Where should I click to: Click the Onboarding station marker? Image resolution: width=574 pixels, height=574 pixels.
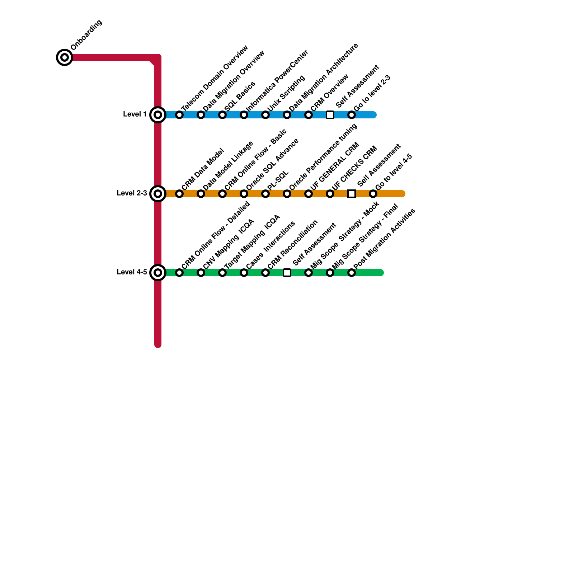(x=65, y=57)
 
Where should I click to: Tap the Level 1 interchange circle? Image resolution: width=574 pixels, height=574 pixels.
(x=158, y=115)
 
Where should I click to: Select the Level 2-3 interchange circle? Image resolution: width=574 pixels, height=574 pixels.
(x=158, y=194)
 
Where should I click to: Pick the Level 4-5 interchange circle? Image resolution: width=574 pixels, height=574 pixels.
(x=158, y=273)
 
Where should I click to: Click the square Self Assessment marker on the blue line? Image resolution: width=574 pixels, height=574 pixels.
(x=330, y=115)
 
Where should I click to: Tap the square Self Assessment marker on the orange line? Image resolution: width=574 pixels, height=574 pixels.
(x=352, y=194)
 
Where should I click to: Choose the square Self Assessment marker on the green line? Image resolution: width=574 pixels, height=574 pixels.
(x=287, y=273)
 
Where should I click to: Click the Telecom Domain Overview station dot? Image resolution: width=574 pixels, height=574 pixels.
(x=179, y=115)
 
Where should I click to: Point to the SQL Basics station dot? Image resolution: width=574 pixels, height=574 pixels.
(x=222, y=115)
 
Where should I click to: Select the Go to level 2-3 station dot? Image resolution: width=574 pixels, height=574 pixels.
(x=352, y=115)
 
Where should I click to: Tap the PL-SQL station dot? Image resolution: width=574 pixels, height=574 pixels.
(x=265, y=194)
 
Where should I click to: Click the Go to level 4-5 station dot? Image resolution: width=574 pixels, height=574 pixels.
(x=373, y=194)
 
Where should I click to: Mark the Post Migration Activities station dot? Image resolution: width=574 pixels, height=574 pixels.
(x=352, y=273)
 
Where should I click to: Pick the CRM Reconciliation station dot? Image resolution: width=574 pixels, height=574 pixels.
(x=265, y=273)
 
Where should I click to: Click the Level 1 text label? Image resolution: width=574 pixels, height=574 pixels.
(x=135, y=114)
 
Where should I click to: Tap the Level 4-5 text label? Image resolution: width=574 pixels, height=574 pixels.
(x=132, y=272)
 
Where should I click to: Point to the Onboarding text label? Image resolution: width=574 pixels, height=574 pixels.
(x=86, y=35)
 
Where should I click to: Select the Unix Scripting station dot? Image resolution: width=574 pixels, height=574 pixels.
(x=265, y=115)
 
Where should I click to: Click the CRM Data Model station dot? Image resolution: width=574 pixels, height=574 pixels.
(x=179, y=194)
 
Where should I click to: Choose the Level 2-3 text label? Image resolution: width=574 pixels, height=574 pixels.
(x=132, y=193)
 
